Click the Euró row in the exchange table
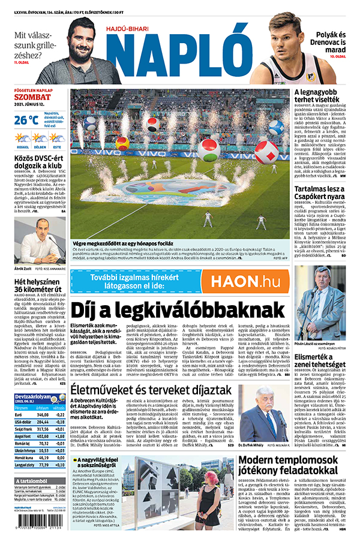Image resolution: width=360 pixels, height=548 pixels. (x=40, y=414)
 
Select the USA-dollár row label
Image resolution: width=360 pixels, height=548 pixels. (x=26, y=422)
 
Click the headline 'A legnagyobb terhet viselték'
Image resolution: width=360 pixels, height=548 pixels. (x=320, y=97)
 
